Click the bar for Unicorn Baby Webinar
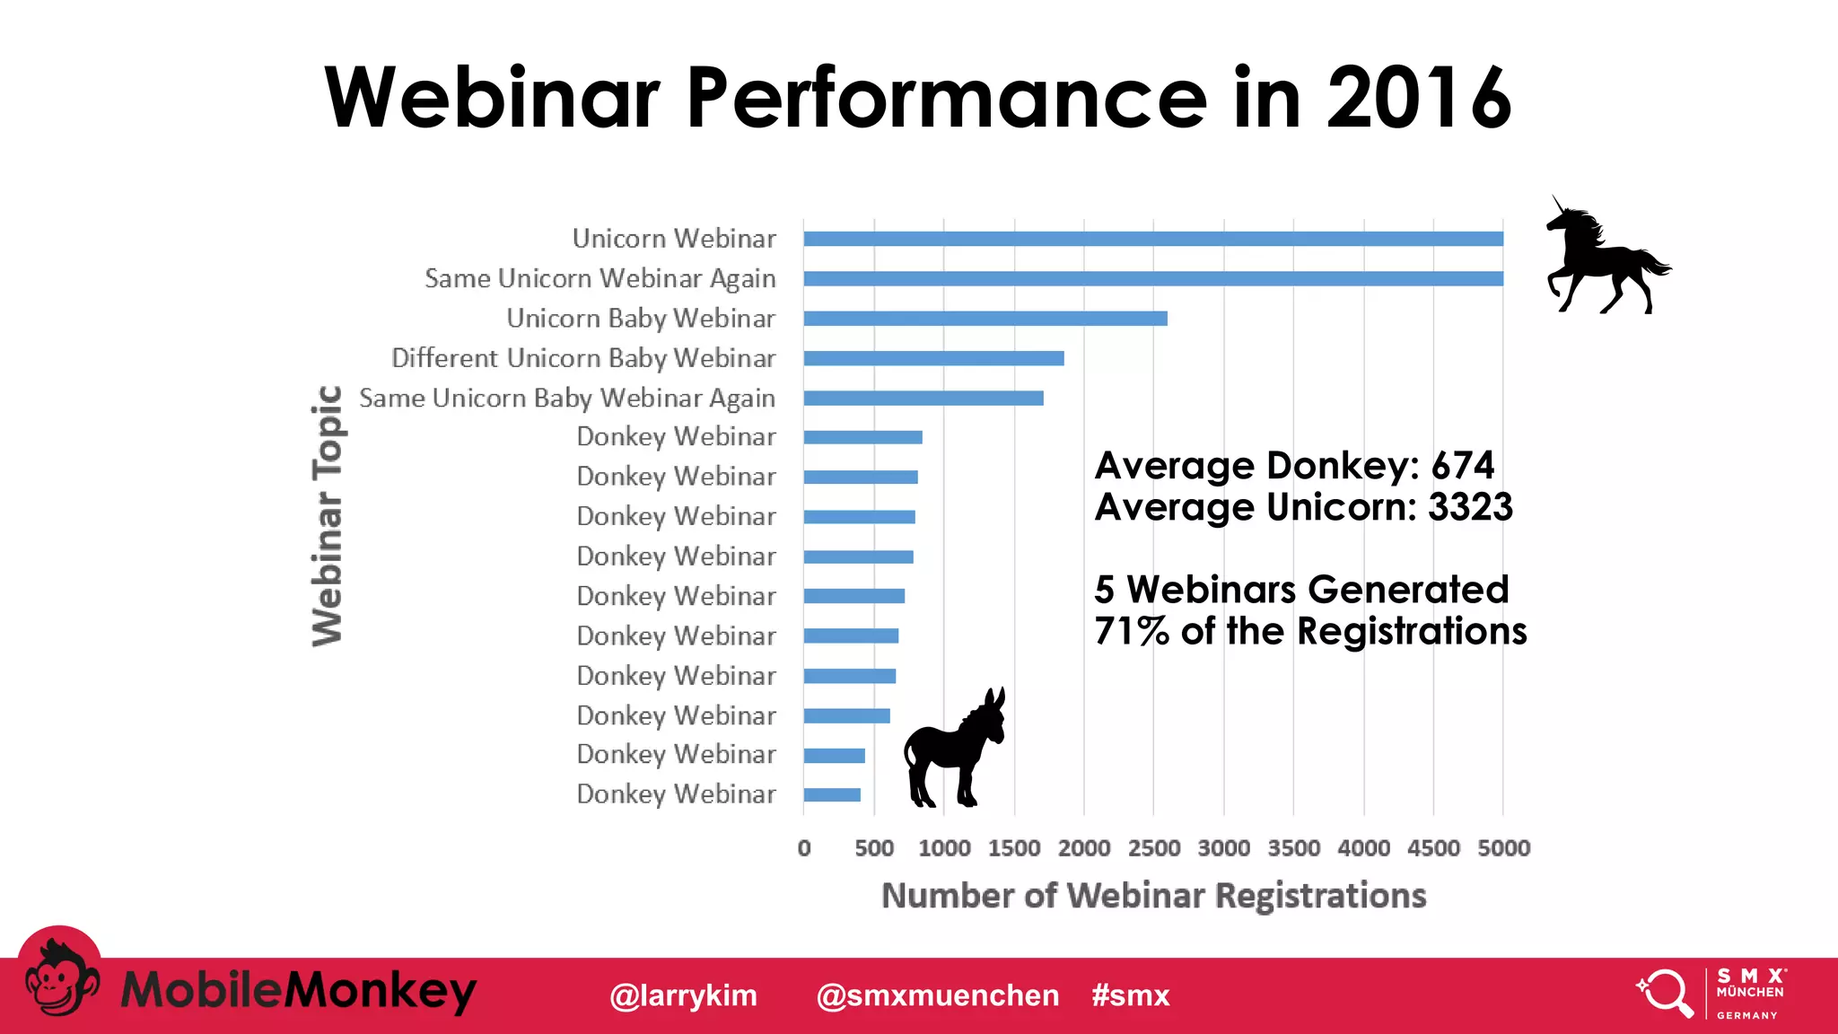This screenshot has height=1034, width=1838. [x=985, y=319]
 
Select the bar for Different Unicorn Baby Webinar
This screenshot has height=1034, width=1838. [x=933, y=358]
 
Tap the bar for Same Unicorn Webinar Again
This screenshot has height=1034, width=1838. [x=1152, y=279]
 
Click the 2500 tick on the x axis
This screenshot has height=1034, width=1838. [x=1153, y=848]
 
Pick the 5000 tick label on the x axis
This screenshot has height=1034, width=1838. [x=1503, y=848]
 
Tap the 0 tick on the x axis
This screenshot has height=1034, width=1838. [x=804, y=848]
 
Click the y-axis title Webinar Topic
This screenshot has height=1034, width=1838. [x=327, y=516]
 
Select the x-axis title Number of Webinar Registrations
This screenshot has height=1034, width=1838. [x=1153, y=896]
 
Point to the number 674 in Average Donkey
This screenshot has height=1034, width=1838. [x=1462, y=466]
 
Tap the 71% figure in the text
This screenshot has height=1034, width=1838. [x=1131, y=631]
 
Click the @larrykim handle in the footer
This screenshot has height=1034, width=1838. [x=683, y=995]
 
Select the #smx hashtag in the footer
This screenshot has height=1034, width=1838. [x=1130, y=995]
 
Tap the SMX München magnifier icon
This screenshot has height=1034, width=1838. [x=1665, y=993]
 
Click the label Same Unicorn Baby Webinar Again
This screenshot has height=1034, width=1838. [x=566, y=398]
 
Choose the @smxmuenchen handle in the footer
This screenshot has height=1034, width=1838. [x=937, y=995]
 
